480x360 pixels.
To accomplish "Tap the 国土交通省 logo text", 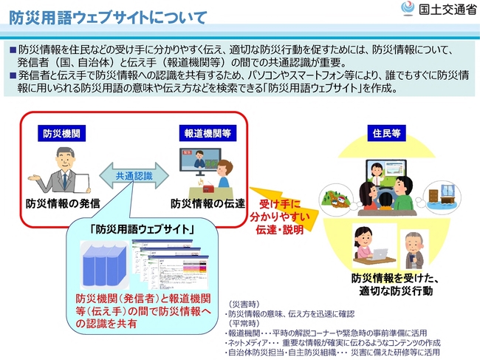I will [x=444, y=11].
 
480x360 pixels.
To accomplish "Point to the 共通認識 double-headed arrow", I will [x=134, y=176].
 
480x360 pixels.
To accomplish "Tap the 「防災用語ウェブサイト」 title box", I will [x=143, y=229].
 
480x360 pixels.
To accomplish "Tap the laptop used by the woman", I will [x=380, y=254].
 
